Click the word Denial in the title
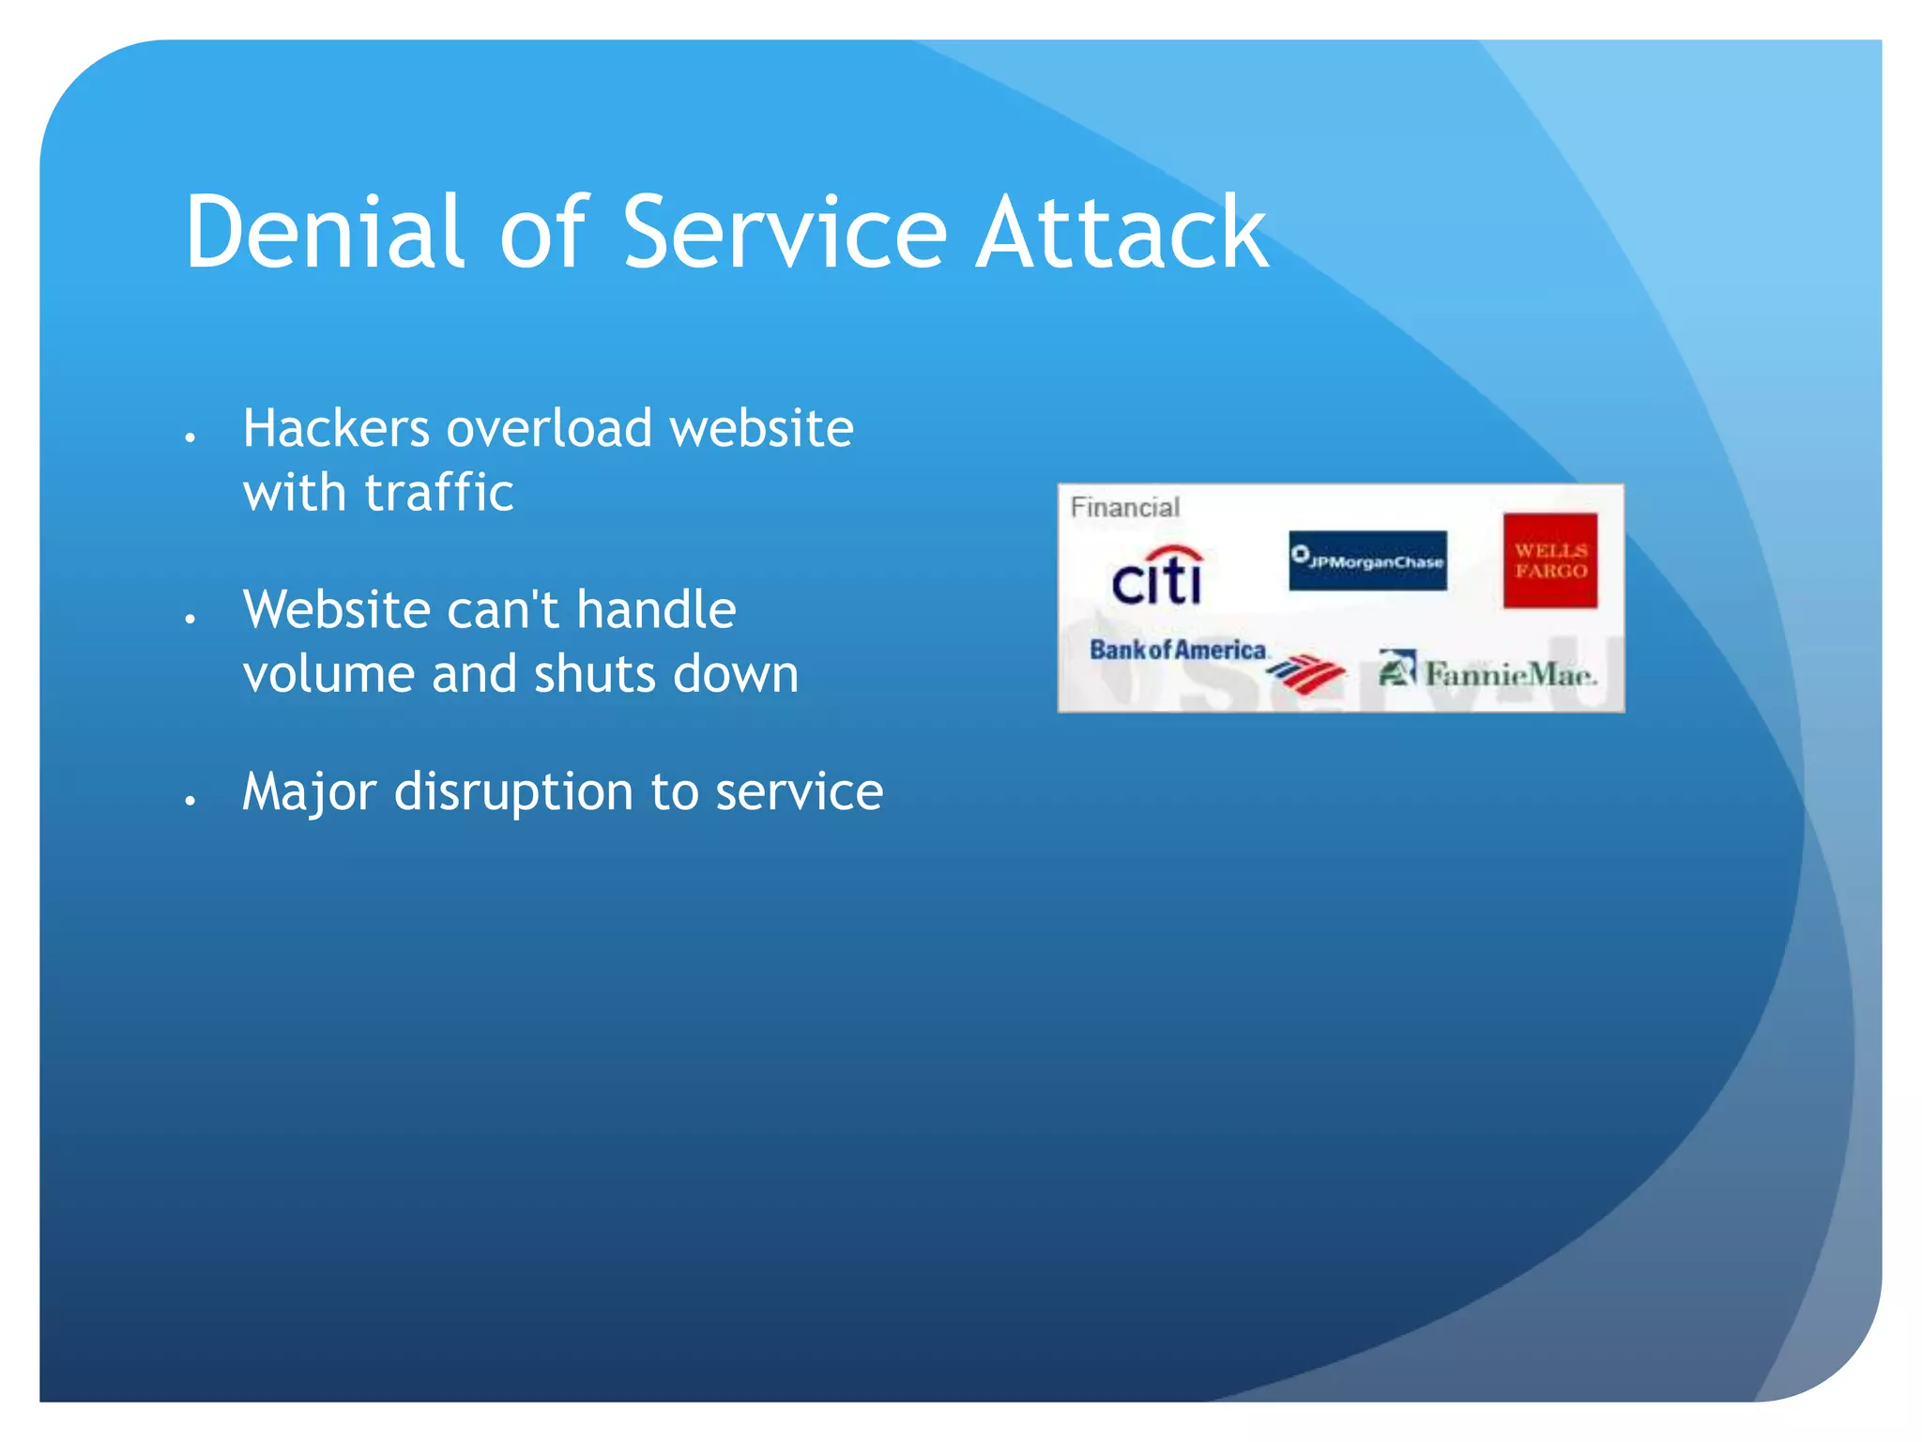point(324,232)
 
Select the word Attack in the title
point(1121,232)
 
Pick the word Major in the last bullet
point(309,791)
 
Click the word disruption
point(513,791)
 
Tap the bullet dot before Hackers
point(190,437)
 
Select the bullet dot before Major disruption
point(190,800)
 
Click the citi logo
point(1157,575)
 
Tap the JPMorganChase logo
point(1367,561)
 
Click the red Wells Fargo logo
point(1549,560)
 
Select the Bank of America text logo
point(1178,650)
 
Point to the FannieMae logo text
point(1509,674)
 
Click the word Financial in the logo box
point(1124,508)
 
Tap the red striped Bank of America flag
point(1306,673)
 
